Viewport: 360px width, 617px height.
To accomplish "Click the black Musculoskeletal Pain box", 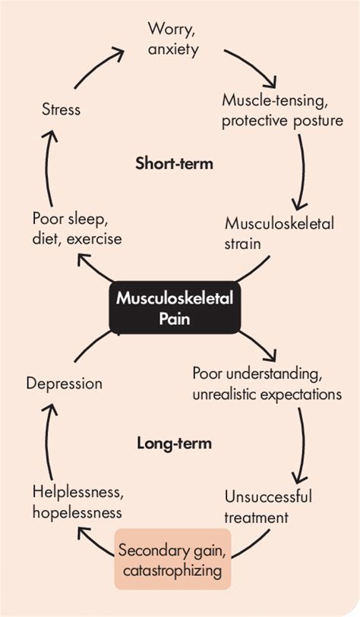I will (175, 307).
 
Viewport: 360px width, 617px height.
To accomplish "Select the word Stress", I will (60, 110).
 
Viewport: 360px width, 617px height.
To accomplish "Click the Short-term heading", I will (174, 163).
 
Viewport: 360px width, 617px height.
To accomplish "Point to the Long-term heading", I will (174, 442).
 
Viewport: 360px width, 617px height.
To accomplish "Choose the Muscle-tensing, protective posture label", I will (283, 110).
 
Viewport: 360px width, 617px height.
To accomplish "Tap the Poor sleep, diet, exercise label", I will (76, 228).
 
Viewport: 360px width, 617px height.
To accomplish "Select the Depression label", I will (64, 383).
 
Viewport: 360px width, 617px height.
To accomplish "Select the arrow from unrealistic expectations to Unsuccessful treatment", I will (302, 448).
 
